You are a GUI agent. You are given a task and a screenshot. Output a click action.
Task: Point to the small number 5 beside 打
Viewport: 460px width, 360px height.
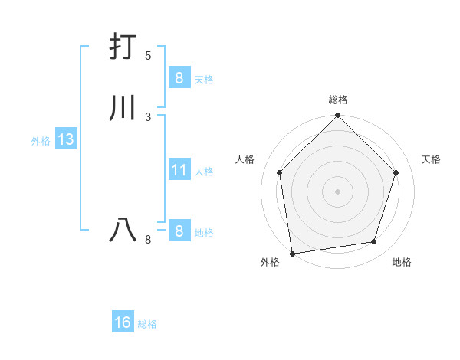[x=148, y=56]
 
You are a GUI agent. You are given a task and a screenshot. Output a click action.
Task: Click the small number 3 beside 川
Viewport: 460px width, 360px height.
[x=148, y=116]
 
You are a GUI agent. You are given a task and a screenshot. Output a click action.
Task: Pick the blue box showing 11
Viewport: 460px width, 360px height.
[x=179, y=170]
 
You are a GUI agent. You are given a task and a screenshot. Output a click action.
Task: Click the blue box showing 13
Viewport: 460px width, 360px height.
[x=65, y=139]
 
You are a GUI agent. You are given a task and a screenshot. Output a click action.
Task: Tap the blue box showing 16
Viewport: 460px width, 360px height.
[x=123, y=322]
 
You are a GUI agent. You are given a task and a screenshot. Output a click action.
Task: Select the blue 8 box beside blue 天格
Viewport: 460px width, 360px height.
[x=179, y=77]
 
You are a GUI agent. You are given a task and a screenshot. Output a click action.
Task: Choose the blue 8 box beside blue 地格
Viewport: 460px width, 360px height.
[x=179, y=231]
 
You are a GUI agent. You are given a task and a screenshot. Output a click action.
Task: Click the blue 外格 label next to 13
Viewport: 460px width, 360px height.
[x=41, y=141]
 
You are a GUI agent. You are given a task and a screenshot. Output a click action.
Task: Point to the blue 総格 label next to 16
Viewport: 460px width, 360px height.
[x=147, y=324]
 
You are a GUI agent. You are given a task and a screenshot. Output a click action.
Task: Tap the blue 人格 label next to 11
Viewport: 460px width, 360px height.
[x=205, y=172]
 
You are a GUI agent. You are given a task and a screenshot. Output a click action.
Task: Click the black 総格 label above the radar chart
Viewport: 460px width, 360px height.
[x=337, y=100]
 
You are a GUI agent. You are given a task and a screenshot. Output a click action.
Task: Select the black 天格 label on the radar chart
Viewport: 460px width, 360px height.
[x=431, y=159]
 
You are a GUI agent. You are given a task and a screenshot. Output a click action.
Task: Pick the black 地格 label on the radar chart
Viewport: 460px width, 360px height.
[x=402, y=262]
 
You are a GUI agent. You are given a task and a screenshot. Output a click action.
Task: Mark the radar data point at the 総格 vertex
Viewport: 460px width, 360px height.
[x=337, y=116]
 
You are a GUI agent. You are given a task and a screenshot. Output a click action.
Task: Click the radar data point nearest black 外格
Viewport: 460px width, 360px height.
[x=292, y=252]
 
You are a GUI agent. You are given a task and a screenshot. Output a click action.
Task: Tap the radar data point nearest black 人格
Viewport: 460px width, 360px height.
[x=279, y=172]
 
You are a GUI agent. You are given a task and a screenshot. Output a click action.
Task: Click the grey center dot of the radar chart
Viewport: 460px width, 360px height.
[x=337, y=191]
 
